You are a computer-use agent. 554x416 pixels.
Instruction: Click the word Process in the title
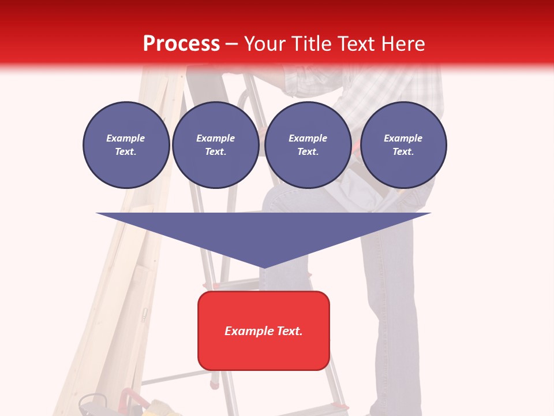click(181, 44)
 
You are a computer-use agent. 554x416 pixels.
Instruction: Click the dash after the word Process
click(231, 45)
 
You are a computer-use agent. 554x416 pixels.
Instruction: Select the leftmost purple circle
click(126, 145)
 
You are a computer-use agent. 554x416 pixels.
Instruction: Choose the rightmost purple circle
click(403, 145)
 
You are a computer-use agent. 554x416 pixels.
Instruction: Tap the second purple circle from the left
click(215, 145)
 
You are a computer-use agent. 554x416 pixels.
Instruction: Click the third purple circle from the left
click(308, 145)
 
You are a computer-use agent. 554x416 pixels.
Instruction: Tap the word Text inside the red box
click(289, 331)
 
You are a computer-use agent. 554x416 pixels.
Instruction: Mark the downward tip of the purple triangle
click(264, 266)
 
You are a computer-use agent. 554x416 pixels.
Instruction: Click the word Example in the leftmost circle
click(126, 139)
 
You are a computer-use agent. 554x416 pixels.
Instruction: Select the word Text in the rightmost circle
click(403, 152)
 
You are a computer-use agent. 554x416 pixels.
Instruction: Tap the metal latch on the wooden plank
click(145, 315)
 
